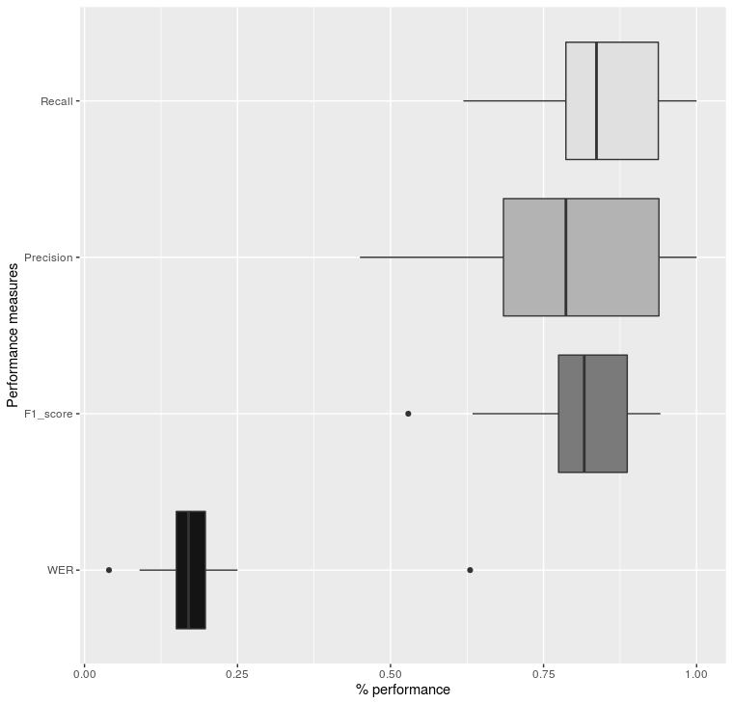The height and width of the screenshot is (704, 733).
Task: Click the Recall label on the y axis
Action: coord(56,101)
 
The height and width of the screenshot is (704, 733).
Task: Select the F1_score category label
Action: coord(50,414)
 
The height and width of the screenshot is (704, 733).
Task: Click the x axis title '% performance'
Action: coord(403,690)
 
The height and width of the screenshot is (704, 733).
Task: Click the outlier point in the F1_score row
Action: coord(408,414)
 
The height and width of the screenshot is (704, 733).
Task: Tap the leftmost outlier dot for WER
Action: coord(109,570)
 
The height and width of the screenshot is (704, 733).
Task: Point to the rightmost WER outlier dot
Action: coord(470,570)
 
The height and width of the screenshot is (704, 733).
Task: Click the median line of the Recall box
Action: coord(596,101)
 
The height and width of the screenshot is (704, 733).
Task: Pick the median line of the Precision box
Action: coord(566,257)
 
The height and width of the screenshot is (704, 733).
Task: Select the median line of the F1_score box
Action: coord(584,414)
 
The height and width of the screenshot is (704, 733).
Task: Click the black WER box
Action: coord(191,570)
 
